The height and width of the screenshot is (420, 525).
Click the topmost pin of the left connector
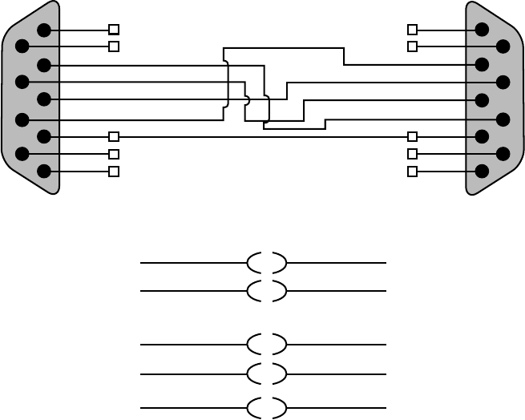[44, 30]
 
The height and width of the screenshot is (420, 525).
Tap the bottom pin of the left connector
[44, 171]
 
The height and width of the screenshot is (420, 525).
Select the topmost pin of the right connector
[482, 30]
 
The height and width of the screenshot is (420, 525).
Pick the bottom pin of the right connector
[482, 171]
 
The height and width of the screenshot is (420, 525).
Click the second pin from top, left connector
[22, 46]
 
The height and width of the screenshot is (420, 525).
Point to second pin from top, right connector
[503, 46]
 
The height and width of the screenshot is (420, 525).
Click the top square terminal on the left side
[114, 30]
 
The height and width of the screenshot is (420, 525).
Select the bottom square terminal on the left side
[114, 172]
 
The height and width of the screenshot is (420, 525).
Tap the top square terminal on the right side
[413, 30]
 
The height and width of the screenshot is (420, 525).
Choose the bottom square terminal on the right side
[413, 172]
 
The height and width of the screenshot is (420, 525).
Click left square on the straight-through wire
[114, 137]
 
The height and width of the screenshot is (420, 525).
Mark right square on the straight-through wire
[413, 137]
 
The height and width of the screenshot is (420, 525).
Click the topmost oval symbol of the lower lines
[267, 263]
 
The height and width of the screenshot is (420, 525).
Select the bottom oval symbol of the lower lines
[267, 408]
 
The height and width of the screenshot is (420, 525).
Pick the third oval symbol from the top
[267, 345]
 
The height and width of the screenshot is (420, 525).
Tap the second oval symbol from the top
[267, 291]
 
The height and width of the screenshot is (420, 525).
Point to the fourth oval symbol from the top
[267, 374]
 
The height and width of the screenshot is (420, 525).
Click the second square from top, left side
[114, 46]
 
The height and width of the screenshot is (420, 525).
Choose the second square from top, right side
[413, 46]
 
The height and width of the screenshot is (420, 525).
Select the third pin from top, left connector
[44, 65]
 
